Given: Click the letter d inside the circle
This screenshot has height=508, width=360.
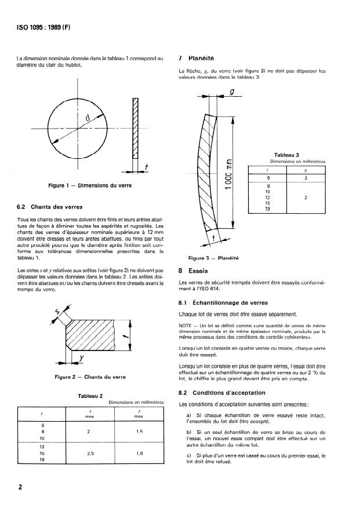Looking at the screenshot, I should (x=88, y=119).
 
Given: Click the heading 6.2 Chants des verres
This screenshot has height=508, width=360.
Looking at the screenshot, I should (x=50, y=207).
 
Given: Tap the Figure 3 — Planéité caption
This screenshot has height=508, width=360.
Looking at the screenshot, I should (x=214, y=258).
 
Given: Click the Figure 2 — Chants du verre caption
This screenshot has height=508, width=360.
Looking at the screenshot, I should (x=90, y=377).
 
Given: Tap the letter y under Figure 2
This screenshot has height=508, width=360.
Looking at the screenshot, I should (x=82, y=358).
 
